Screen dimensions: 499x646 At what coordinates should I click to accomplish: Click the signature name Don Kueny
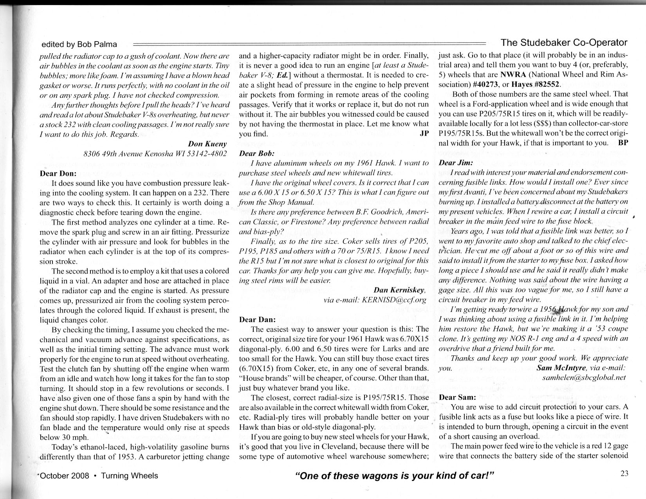point(208,144)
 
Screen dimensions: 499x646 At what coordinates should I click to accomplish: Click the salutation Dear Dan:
point(257,319)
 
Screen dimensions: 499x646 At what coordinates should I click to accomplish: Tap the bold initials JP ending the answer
point(424,133)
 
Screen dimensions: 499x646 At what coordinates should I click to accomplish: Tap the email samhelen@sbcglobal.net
point(584,378)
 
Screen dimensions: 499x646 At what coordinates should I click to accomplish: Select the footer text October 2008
point(65,476)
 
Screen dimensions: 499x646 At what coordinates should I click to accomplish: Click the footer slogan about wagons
point(395,476)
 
